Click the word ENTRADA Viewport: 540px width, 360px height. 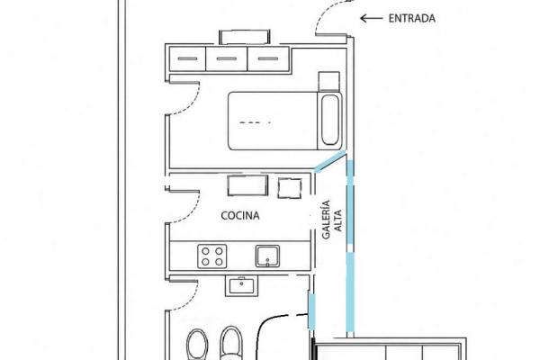[x=411, y=18]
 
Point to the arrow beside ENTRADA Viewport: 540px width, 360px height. [x=371, y=18]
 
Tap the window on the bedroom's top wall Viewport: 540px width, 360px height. [x=245, y=37]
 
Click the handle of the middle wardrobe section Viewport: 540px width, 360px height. [x=227, y=58]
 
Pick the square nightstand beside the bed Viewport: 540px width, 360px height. [x=328, y=81]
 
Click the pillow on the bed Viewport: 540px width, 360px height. [x=330, y=120]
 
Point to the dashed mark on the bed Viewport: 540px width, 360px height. [x=255, y=122]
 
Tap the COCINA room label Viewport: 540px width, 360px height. [x=240, y=216]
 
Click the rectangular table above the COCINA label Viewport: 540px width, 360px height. [x=247, y=185]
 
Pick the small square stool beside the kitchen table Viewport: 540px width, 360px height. [x=290, y=188]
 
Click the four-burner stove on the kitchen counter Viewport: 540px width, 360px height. [x=212, y=256]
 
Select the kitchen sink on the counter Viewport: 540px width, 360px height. [x=267, y=256]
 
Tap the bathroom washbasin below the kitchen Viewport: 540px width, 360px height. [x=241, y=286]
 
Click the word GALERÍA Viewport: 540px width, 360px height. [x=326, y=220]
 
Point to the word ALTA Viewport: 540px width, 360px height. [x=338, y=220]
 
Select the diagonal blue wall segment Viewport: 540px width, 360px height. [x=330, y=161]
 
